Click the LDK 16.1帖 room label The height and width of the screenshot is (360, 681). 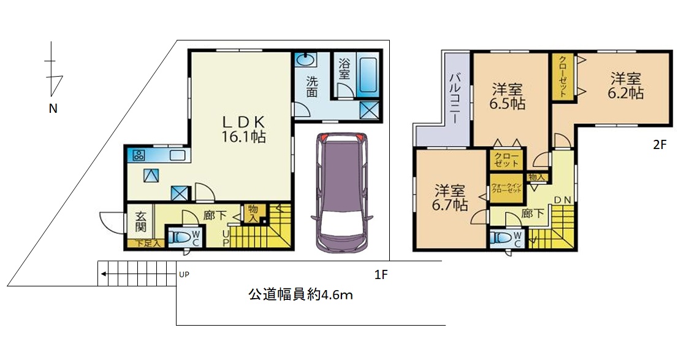point(243,129)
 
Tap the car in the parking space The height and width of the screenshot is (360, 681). point(342,192)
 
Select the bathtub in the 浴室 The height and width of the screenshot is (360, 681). point(368,75)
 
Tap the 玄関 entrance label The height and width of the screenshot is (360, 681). point(140,221)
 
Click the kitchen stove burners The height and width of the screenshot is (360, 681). point(139,155)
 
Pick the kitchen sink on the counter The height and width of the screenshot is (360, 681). point(178,155)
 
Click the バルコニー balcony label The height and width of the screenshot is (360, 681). point(455,99)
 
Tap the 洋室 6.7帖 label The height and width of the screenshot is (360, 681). point(450,198)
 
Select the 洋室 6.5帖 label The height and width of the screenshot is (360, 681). point(508,96)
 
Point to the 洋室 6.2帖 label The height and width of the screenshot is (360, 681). point(625,86)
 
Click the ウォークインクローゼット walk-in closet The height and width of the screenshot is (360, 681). point(506,189)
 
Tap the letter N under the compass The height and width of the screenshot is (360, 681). point(53,109)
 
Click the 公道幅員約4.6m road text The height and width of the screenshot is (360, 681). point(300,295)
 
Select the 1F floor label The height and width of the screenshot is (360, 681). point(381,275)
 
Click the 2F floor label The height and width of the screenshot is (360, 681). point(660,145)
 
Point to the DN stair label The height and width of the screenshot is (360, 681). point(563,200)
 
